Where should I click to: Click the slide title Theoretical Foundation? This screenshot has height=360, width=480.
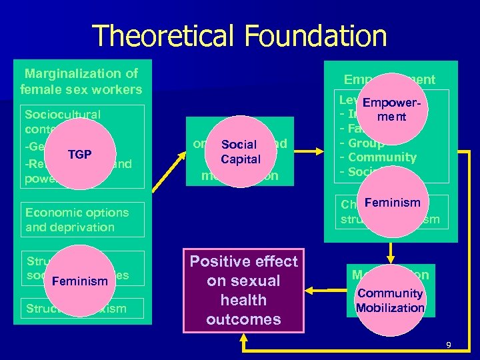[x=239, y=35]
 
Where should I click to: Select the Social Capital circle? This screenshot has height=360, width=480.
[x=239, y=151]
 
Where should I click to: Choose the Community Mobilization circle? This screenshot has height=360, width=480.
[x=390, y=300]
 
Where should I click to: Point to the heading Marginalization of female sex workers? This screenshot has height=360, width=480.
[x=81, y=81]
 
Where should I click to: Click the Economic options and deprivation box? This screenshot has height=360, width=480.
[x=83, y=220]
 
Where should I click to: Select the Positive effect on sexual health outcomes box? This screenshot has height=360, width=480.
[x=243, y=290]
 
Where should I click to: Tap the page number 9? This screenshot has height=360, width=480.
[x=448, y=345]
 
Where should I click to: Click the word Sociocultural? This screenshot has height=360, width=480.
[x=62, y=114]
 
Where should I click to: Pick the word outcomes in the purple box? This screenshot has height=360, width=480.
[x=243, y=319]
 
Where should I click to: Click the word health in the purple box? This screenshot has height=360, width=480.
[x=243, y=300]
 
